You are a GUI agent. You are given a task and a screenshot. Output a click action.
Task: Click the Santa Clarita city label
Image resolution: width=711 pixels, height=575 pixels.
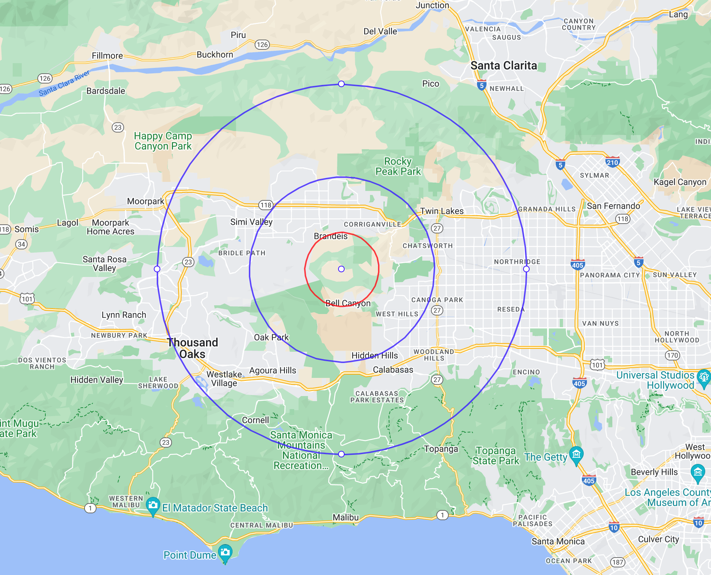[x=504, y=66]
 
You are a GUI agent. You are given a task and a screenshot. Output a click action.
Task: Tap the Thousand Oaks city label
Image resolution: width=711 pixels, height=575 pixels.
[x=193, y=348]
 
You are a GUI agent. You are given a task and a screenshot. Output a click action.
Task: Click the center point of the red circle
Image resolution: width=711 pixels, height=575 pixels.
[x=341, y=269]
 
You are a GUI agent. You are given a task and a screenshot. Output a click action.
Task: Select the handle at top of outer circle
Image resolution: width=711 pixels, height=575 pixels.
[x=341, y=84]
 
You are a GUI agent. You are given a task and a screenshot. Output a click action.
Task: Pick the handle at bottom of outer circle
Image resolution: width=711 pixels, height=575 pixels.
[x=341, y=454]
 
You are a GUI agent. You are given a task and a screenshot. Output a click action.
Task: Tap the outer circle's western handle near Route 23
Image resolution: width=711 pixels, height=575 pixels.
[x=157, y=269]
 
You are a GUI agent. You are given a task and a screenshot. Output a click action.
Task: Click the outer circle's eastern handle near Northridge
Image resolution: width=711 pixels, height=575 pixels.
[x=526, y=269]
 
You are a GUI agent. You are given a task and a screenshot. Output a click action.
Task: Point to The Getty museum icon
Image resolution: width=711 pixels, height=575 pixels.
[x=576, y=454]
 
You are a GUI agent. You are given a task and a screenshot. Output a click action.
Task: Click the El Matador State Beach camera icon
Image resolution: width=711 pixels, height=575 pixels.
[x=153, y=505]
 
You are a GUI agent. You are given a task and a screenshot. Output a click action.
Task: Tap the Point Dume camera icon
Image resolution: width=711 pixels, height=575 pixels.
[x=225, y=552]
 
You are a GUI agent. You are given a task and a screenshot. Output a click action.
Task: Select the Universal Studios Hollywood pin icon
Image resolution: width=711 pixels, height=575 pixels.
[x=704, y=377]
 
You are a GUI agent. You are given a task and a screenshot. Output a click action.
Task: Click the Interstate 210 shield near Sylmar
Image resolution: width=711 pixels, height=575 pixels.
[x=612, y=162]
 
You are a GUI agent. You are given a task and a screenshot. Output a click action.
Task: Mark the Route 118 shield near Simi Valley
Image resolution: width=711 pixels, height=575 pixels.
[x=266, y=205]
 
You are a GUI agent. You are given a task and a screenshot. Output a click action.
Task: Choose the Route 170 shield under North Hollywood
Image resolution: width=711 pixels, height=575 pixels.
[x=672, y=355]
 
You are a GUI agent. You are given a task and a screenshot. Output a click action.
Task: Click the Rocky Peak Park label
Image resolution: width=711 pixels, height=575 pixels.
[x=398, y=166]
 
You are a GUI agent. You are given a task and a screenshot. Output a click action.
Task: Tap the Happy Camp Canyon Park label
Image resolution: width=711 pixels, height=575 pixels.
[x=163, y=141]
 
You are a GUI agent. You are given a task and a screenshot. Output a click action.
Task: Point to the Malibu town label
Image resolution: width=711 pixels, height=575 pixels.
[x=346, y=517]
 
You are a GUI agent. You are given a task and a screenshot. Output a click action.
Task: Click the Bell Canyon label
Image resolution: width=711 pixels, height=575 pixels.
[x=348, y=303]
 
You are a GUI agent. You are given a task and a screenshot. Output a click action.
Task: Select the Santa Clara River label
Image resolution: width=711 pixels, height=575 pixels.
[x=64, y=83]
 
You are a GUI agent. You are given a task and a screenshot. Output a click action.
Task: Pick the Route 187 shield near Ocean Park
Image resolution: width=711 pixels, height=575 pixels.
[x=617, y=562]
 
